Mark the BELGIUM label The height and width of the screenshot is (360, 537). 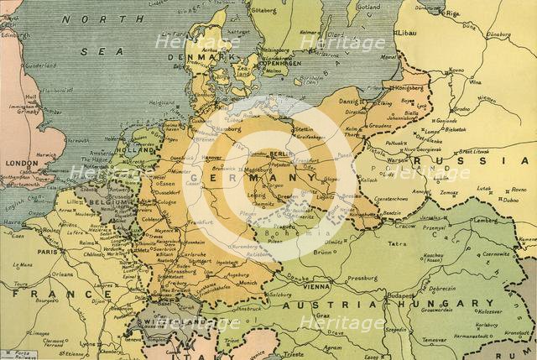(110, 202)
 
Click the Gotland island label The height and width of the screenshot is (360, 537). (367, 7)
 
